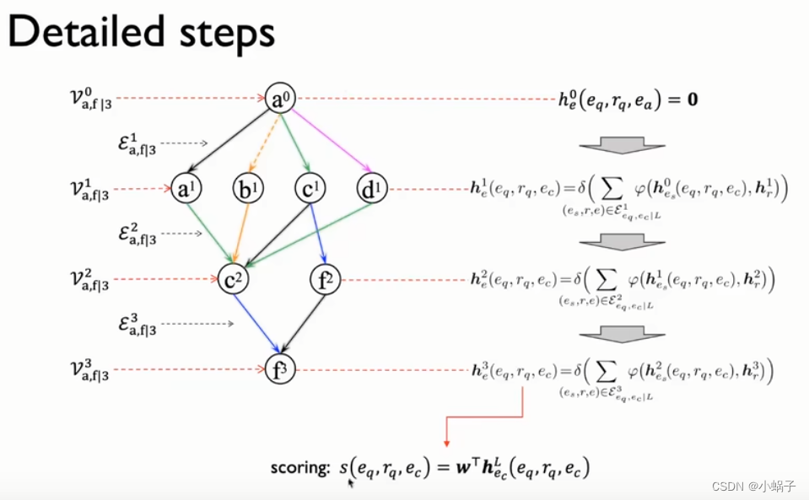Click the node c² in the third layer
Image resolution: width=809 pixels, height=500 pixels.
(232, 279)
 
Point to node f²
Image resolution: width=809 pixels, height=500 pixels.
(325, 279)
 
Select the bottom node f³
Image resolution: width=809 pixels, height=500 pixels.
(280, 369)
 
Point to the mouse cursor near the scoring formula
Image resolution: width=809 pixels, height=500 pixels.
(350, 484)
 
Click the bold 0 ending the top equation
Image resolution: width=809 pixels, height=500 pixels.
(691, 100)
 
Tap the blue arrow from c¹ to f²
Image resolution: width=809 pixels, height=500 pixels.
(316, 234)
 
